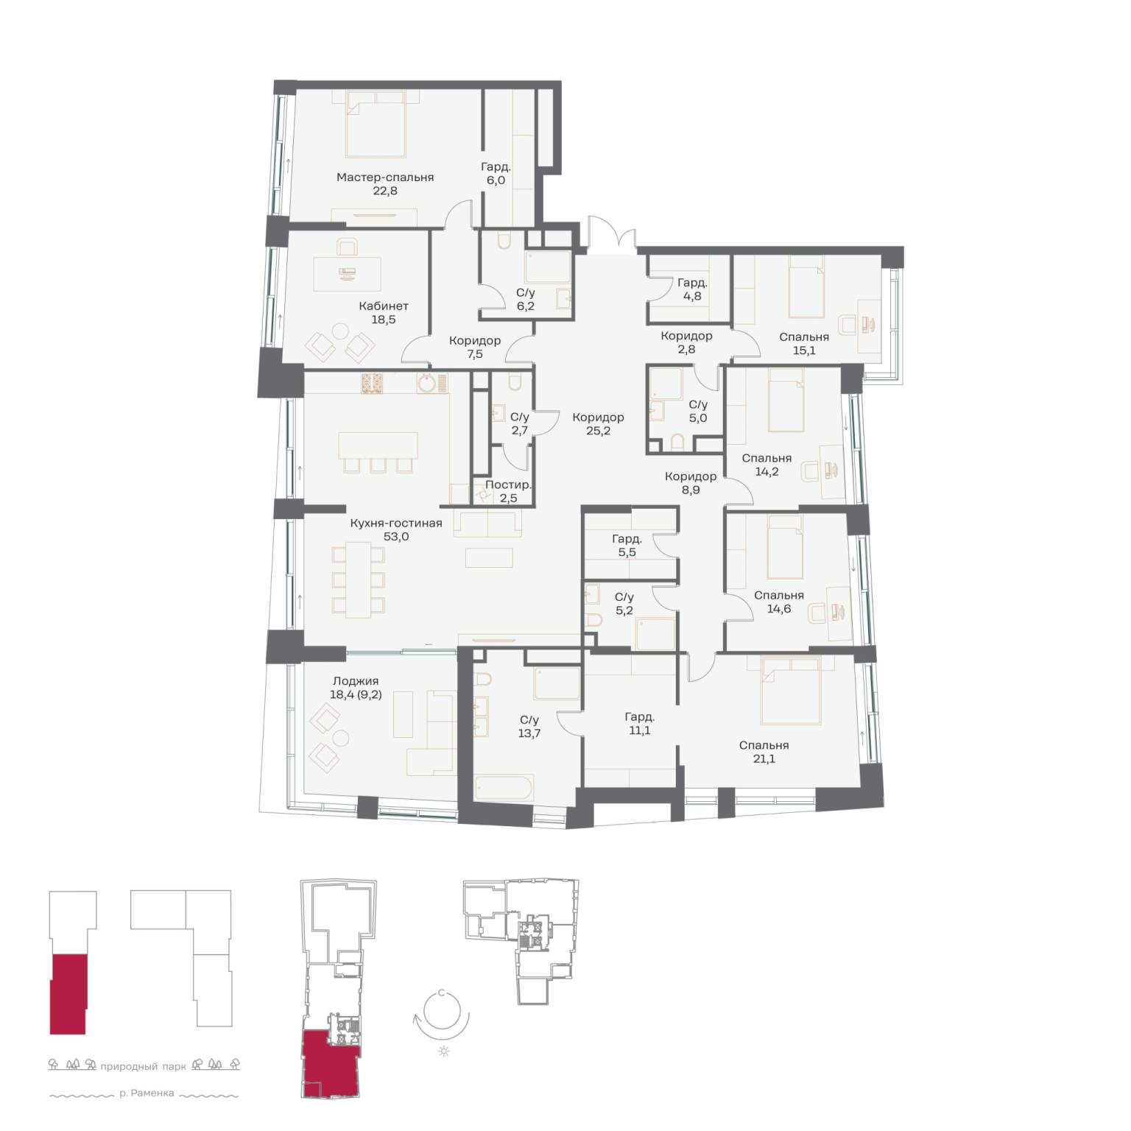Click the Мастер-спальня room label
pos(385,177)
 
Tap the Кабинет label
pos(384,306)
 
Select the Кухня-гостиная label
pos(396,524)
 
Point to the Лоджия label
pos(356,681)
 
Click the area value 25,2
pos(598,431)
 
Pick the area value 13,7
pos(529,733)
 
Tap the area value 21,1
pos(764,758)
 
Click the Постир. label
pos(508,485)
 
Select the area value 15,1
pos(804,350)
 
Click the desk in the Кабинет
pos(348,274)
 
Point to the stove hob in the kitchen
pos(373,384)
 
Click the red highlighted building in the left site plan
pos(68,994)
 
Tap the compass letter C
pos(441,993)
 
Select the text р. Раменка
pos(147,1093)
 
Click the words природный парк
pos(143,1066)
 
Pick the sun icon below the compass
pos(444,1051)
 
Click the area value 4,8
pos(692,296)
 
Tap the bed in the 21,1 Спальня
pos(791,691)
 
